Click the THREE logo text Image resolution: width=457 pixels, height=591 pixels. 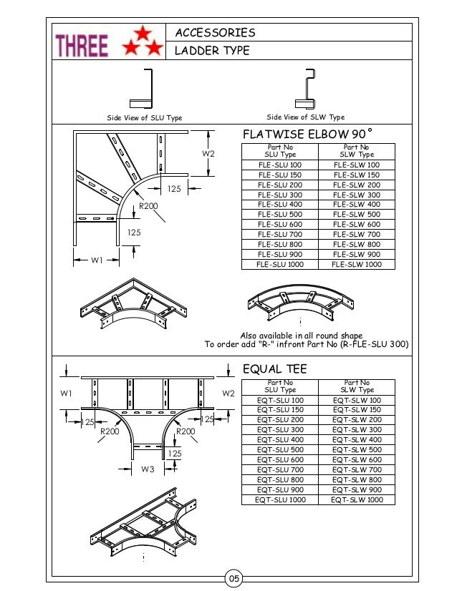[x=82, y=46]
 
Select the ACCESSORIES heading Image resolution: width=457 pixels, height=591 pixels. [x=215, y=33]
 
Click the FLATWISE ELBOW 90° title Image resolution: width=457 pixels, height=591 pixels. [x=309, y=135]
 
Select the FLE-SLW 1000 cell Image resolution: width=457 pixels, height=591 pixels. [x=357, y=264]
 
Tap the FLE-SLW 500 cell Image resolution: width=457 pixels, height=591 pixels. [x=357, y=215]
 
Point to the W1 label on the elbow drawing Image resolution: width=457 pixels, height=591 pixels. [x=97, y=260]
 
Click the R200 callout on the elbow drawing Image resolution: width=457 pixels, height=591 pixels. [x=148, y=206]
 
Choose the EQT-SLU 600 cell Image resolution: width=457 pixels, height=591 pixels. [x=280, y=459]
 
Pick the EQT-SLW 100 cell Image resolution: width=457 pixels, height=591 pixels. [x=357, y=400]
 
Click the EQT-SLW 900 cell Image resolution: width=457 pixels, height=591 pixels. [x=357, y=489]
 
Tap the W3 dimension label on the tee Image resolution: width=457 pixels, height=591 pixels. [x=148, y=469]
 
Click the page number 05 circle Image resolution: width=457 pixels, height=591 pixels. [x=234, y=578]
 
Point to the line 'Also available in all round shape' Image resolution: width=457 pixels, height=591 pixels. [x=301, y=336]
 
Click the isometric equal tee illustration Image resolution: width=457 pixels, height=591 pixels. [x=143, y=522]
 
